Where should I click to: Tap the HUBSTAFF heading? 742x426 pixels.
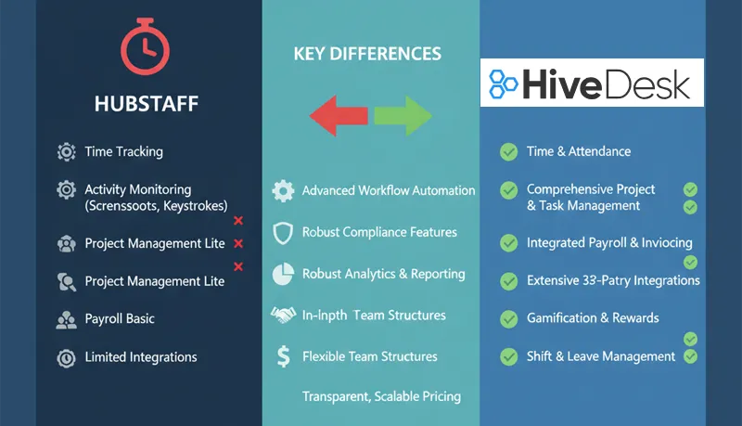pyautogui.click(x=147, y=104)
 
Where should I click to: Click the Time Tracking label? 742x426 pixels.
pyautogui.click(x=123, y=151)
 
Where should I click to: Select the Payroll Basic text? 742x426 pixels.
pyautogui.click(x=120, y=318)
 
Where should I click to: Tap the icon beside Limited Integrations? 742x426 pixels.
pyautogui.click(x=66, y=357)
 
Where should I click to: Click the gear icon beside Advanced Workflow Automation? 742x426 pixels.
pyautogui.click(x=283, y=191)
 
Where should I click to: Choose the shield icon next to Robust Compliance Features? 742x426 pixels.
pyautogui.click(x=283, y=232)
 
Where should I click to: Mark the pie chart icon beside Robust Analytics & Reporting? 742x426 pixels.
pyautogui.click(x=283, y=274)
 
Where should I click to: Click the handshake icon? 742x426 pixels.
pyautogui.click(x=283, y=316)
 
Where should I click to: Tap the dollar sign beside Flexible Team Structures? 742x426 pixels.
pyautogui.click(x=283, y=356)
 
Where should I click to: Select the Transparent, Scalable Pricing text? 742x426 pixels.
pyautogui.click(x=381, y=396)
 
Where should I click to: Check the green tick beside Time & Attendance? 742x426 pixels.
pyautogui.click(x=508, y=151)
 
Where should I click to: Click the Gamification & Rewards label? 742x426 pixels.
pyautogui.click(x=593, y=318)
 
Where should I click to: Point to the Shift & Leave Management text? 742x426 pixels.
pyautogui.click(x=601, y=356)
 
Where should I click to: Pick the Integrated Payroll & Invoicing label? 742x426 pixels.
pyautogui.click(x=609, y=243)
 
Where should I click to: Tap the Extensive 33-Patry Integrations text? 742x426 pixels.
pyautogui.click(x=613, y=280)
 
